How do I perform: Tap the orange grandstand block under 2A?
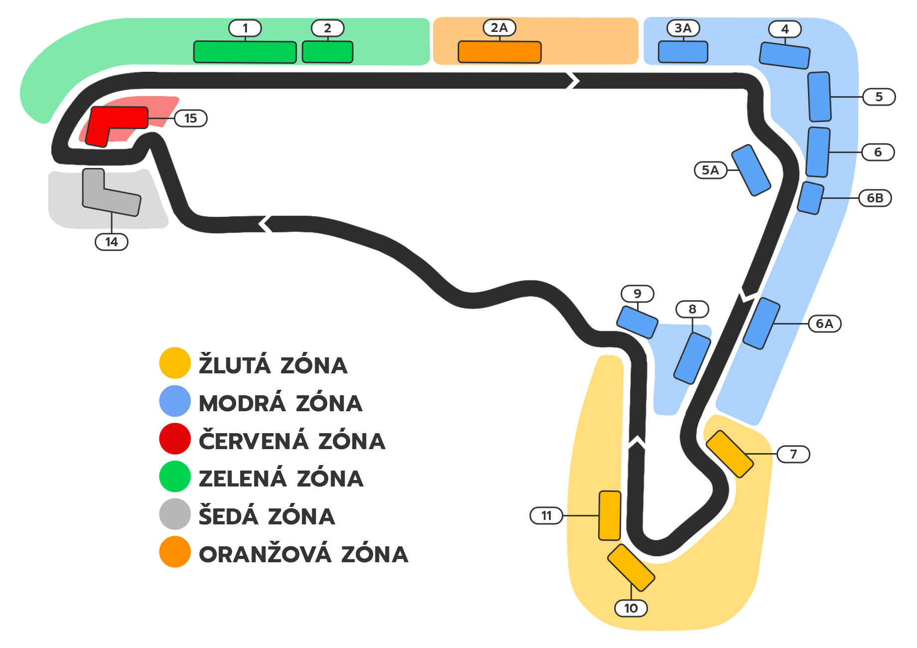[499, 52]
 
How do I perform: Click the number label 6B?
[875, 198]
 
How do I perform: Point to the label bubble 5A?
[710, 170]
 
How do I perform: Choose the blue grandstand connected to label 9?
[637, 322]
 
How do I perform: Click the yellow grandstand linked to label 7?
[730, 454]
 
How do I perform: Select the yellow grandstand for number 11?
[610, 515]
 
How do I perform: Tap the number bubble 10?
[631, 608]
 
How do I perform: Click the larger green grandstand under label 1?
[245, 52]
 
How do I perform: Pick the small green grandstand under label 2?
[327, 52]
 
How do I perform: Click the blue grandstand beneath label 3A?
[682, 52]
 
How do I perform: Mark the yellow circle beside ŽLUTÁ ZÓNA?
[175, 363]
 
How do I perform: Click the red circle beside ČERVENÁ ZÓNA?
[175, 439]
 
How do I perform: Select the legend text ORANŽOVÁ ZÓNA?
[303, 554]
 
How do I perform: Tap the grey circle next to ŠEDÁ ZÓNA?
[175, 514]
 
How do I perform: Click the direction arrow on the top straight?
[572, 80]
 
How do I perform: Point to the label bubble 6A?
[824, 324]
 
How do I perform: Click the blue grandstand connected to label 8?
[692, 358]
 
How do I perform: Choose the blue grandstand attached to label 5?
[819, 97]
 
